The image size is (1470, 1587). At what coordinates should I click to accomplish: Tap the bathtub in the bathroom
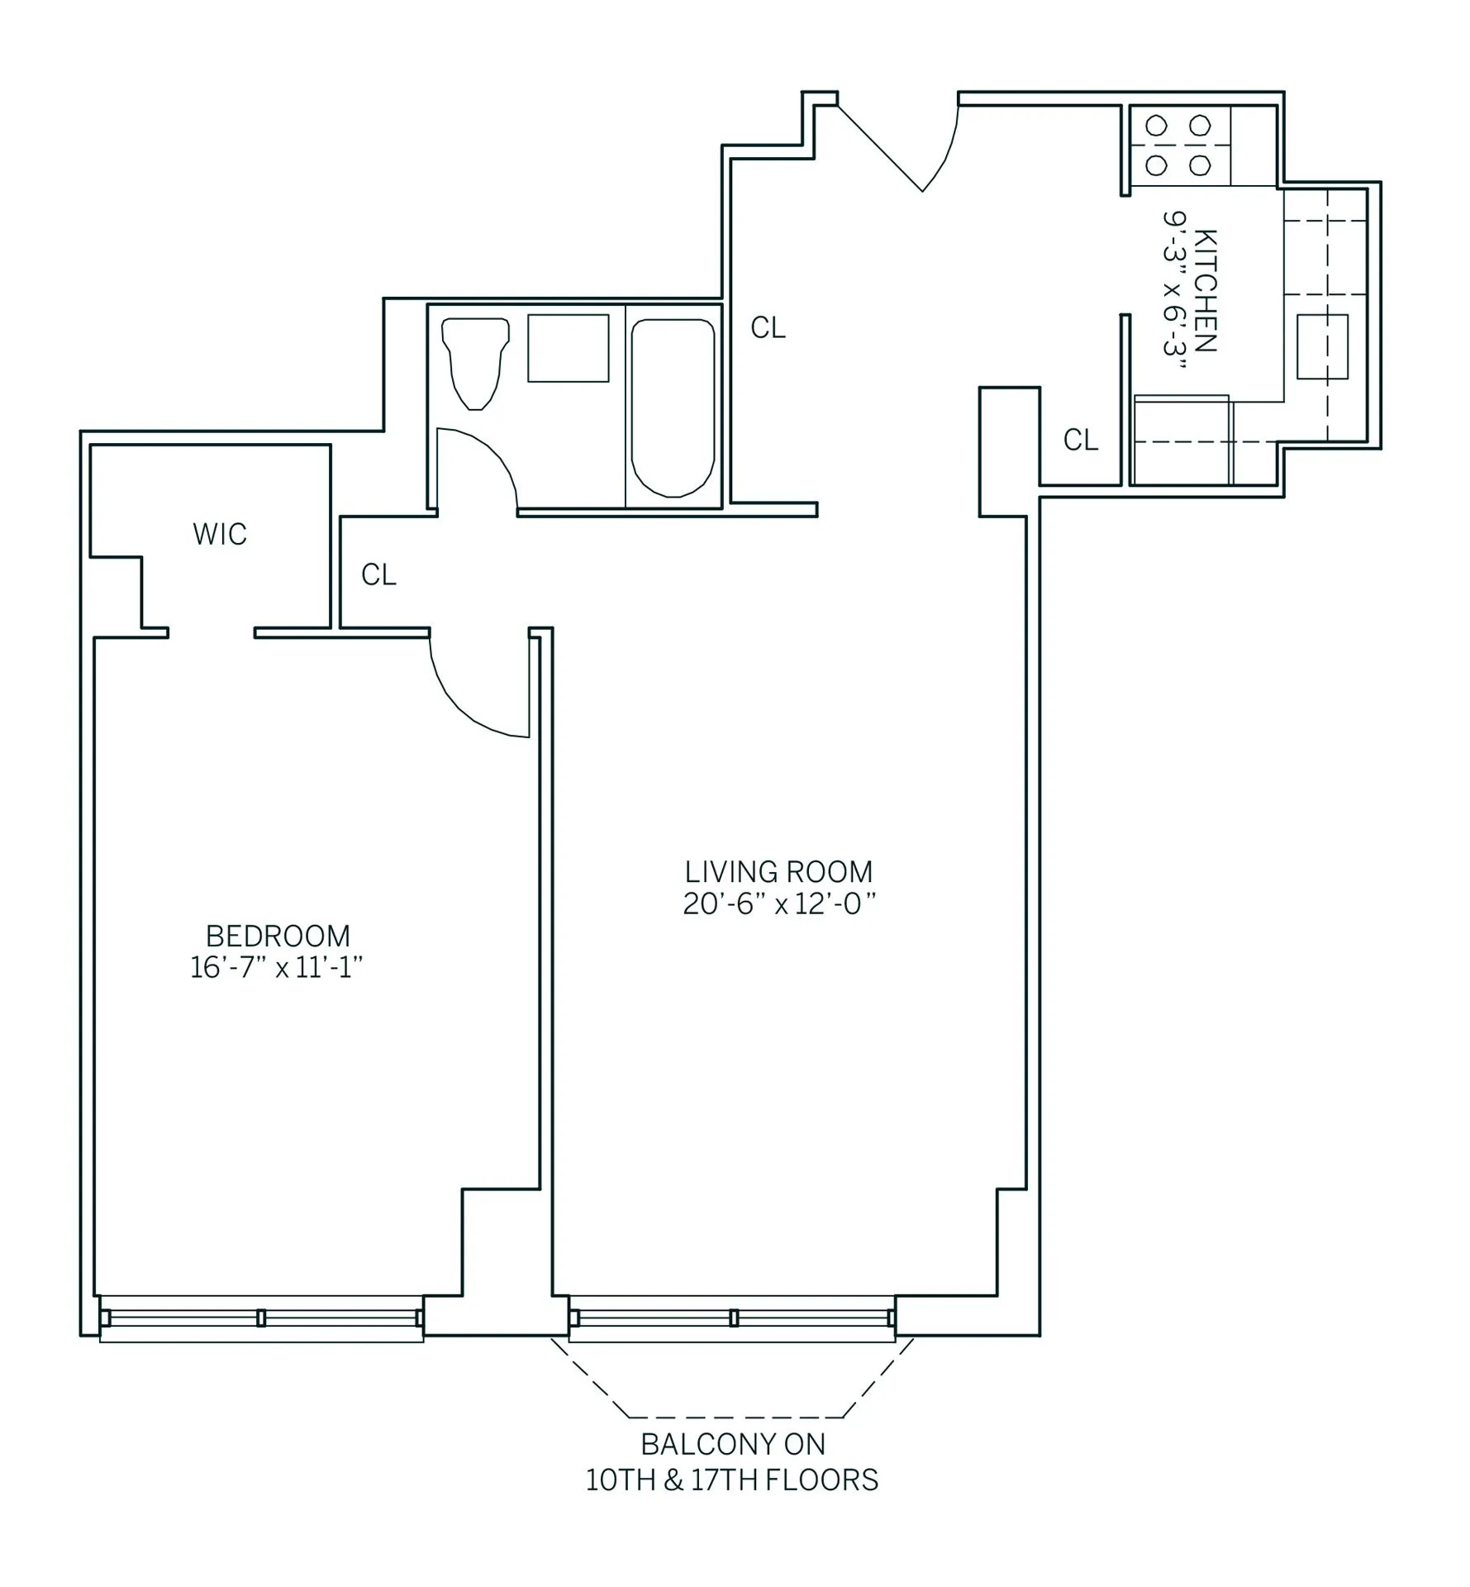(x=672, y=408)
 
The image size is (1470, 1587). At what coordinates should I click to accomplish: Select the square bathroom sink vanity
(x=568, y=348)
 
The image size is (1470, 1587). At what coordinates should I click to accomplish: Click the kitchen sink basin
(x=1321, y=346)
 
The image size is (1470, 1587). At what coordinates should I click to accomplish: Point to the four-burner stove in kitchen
(x=1177, y=145)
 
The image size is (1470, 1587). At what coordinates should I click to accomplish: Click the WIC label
(x=220, y=535)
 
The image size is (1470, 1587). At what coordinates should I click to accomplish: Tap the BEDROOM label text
(x=278, y=936)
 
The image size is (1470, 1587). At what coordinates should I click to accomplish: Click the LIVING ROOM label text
(x=778, y=872)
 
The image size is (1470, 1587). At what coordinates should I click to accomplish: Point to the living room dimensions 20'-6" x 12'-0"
(x=778, y=904)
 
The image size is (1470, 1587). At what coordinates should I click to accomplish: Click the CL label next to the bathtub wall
(x=768, y=328)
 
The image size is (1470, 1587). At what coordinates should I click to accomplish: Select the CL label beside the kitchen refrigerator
(x=1081, y=440)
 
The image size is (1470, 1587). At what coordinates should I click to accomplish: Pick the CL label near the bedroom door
(x=378, y=574)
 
